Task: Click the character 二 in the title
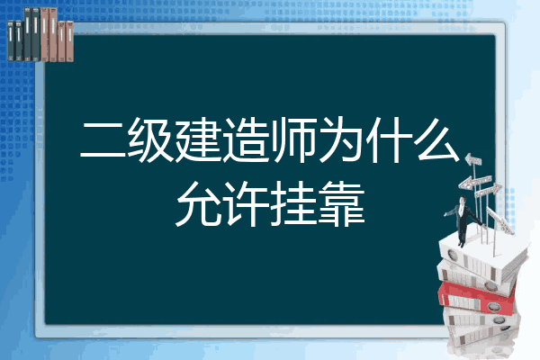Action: (103, 140)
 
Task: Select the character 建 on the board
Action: (198, 139)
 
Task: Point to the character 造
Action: (246, 139)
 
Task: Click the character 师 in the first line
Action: (293, 139)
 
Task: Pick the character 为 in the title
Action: (341, 139)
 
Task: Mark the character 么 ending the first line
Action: (437, 139)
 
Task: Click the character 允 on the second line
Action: (198, 204)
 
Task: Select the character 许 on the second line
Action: (246, 204)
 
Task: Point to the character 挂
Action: (293, 204)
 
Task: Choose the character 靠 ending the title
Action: (341, 204)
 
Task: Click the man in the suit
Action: (463, 220)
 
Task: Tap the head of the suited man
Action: (463, 200)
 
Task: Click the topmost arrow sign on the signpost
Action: (473, 160)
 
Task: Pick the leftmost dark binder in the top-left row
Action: (11, 40)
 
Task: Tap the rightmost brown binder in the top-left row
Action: (69, 41)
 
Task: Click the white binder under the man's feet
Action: (482, 255)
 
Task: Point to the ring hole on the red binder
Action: (493, 306)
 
